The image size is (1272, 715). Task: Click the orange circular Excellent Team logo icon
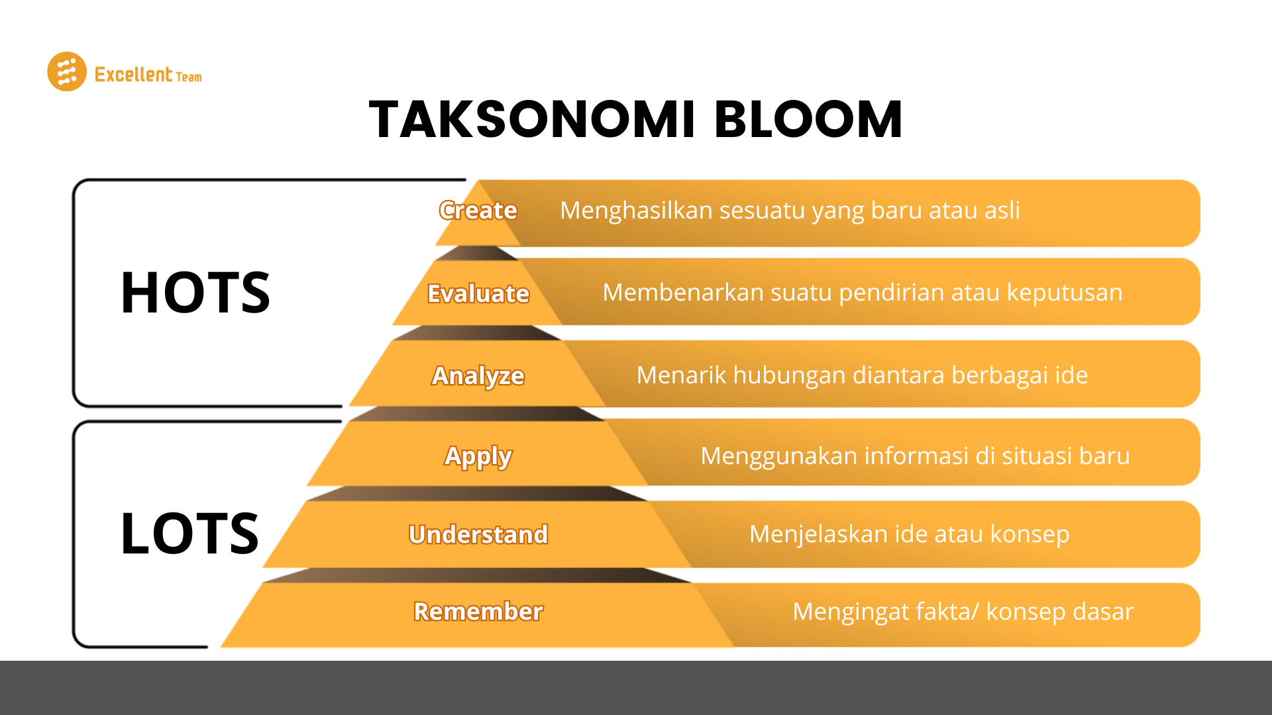point(67,71)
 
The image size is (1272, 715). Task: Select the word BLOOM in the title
point(808,120)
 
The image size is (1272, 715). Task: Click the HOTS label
point(195,293)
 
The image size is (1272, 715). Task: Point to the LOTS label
point(189,534)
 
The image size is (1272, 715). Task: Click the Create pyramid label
point(478,211)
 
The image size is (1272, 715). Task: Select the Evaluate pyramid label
point(478,293)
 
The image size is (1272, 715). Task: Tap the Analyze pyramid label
point(478,375)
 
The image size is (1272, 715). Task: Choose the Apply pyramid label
point(478,456)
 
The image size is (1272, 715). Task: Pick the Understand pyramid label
point(478,534)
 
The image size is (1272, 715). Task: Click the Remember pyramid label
point(478,611)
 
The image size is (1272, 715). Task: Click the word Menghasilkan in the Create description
point(635,211)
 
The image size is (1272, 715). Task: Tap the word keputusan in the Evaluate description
point(1065,293)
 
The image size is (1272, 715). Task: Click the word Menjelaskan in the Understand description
point(818,534)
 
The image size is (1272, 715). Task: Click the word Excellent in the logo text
point(133,74)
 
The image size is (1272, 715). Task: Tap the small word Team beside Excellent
point(189,77)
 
